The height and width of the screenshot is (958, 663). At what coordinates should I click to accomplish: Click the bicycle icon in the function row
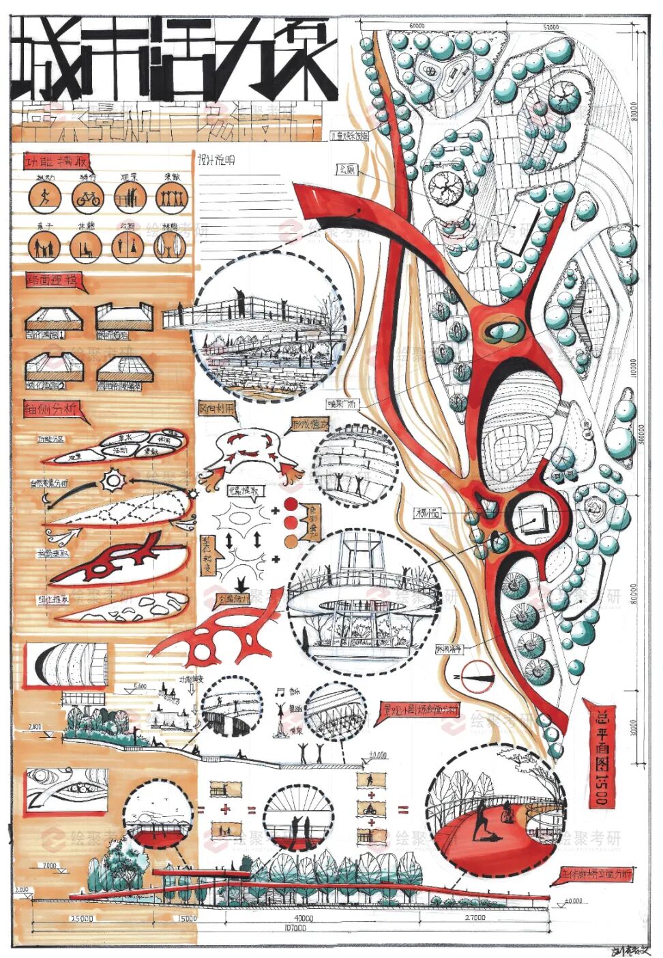(x=88, y=198)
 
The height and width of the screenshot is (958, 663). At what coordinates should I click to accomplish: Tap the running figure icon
(x=45, y=198)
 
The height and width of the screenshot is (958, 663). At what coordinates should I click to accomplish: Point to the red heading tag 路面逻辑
(x=55, y=280)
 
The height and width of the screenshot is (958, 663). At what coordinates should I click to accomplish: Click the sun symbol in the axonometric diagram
(x=112, y=481)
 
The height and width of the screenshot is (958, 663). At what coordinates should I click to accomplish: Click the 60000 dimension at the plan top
(x=417, y=27)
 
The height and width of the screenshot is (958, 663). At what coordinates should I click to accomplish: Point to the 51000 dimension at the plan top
(x=551, y=27)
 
